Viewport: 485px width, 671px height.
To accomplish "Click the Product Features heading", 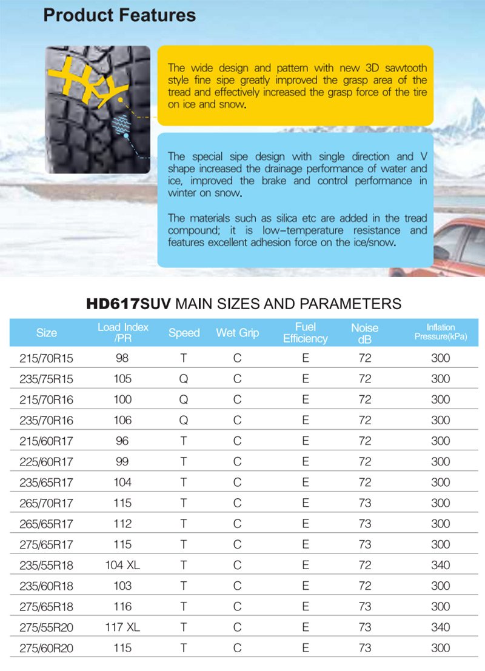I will [119, 15].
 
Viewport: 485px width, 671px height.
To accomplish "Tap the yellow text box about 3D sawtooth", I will [297, 85].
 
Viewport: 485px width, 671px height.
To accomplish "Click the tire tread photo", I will [98, 109].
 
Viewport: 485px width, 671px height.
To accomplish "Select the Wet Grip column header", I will [237, 333].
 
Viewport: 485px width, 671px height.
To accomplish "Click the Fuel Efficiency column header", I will [305, 333].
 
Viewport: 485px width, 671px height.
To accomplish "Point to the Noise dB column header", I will [364, 333].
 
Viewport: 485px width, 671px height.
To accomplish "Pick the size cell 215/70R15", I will [47, 358].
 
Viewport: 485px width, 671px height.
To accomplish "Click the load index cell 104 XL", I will [122, 565].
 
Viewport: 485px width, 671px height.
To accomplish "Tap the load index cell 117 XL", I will [122, 627].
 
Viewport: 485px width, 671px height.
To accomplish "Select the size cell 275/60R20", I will [47, 648].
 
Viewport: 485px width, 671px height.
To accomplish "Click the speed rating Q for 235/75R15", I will [184, 379].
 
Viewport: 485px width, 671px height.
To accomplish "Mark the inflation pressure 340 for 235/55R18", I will [440, 565].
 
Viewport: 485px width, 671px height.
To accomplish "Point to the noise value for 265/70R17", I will [364, 503].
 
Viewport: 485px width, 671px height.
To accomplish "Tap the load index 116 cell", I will [122, 607].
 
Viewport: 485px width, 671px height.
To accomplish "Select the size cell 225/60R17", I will [47, 462].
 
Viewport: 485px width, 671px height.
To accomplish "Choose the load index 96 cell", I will [122, 441].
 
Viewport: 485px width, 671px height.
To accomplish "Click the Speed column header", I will [184, 333].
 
